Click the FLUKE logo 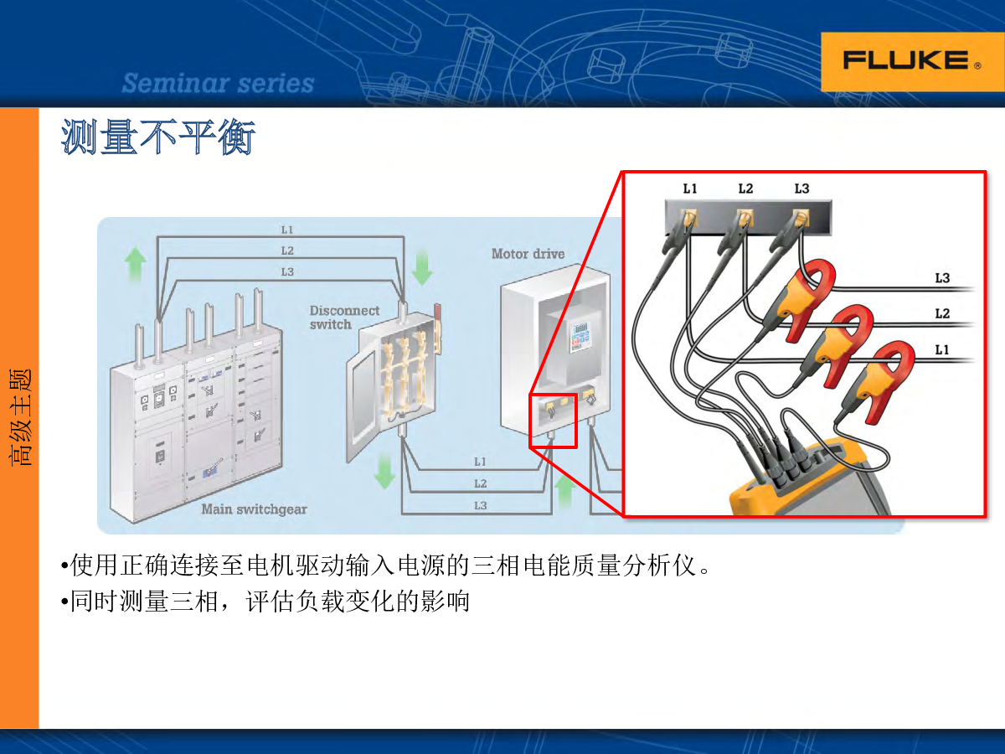905,61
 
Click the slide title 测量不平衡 157,137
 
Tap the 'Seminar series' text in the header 218,84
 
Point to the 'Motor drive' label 528,254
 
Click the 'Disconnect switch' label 344,318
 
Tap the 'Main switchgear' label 254,509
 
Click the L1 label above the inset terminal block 689,188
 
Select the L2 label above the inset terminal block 745,188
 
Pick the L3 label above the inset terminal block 801,188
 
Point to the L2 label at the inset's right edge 942,314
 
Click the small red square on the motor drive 553,421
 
